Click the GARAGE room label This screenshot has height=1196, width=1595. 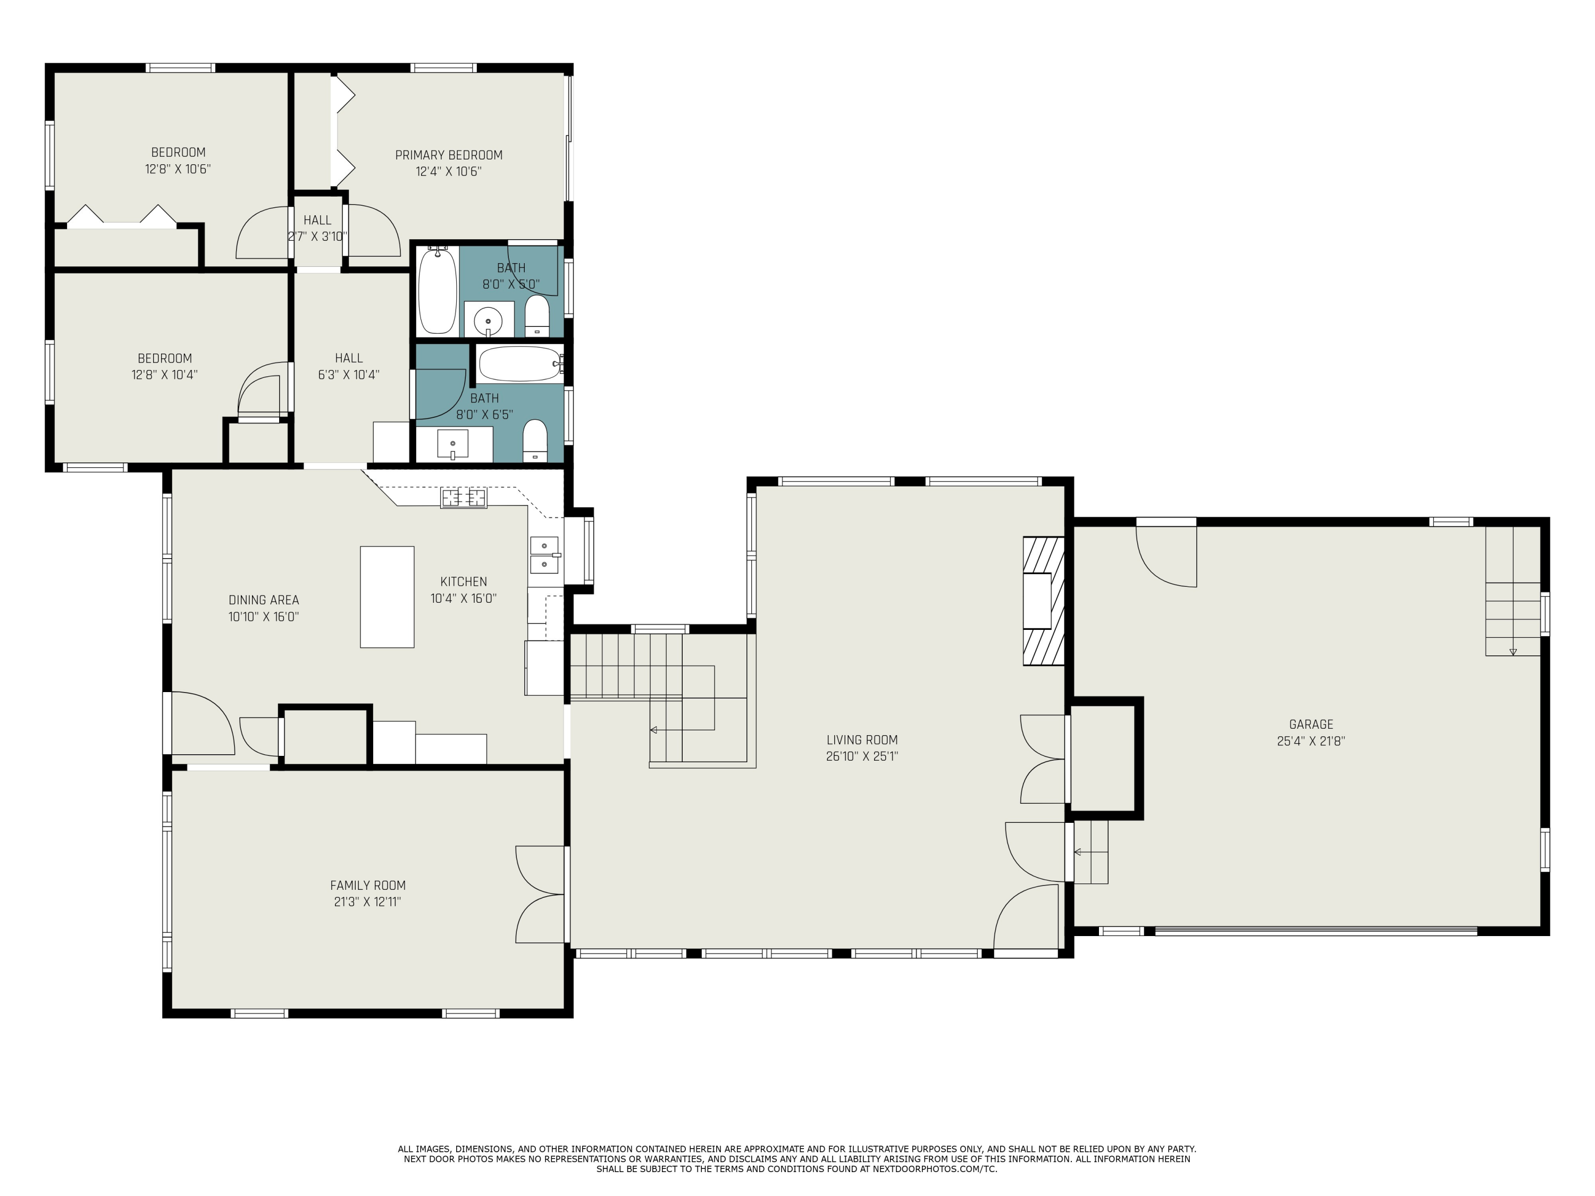click(x=1311, y=725)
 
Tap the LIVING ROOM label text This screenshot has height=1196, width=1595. click(x=862, y=740)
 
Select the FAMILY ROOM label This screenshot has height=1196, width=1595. click(x=368, y=885)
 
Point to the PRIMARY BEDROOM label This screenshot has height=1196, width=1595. click(x=449, y=155)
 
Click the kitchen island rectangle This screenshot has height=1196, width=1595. click(x=387, y=597)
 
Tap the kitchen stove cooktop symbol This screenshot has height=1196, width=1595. click(x=464, y=498)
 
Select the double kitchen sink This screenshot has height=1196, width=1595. click(x=544, y=554)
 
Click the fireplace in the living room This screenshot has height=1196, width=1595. click(x=1043, y=601)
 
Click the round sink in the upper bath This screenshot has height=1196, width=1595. click(x=488, y=320)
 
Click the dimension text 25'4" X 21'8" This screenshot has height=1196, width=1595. click(x=1311, y=741)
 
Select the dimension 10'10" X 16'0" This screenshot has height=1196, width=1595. click(x=264, y=617)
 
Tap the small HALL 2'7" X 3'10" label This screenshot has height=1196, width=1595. click(x=317, y=229)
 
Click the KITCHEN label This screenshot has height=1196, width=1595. click(x=464, y=582)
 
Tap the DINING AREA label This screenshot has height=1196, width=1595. click(x=264, y=600)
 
